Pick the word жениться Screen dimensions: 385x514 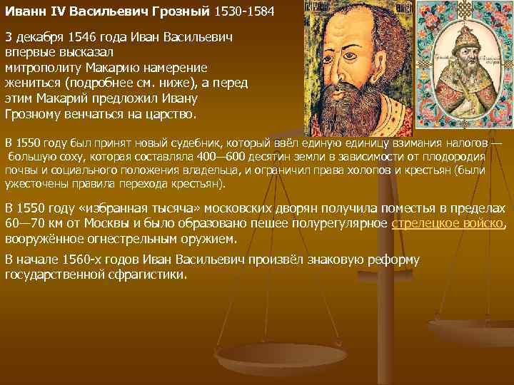(32, 83)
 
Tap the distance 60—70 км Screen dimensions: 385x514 (33, 223)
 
